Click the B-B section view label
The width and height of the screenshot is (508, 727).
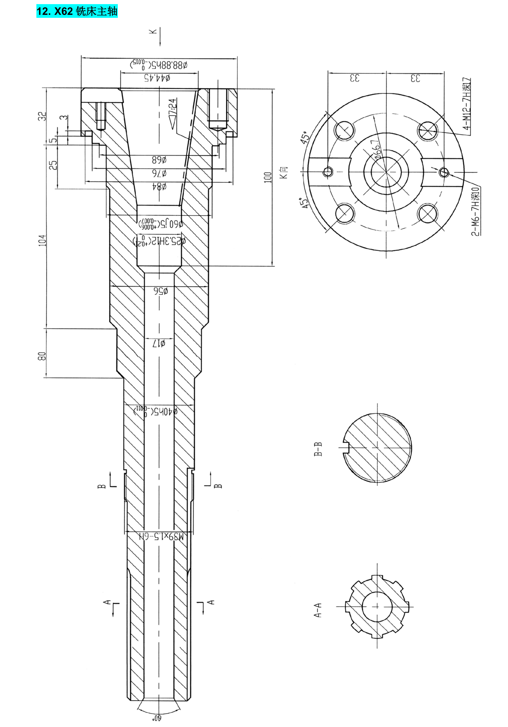pos(318,449)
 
